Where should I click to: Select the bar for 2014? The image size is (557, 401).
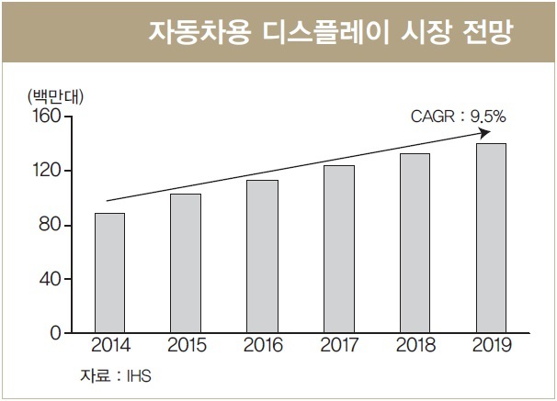pyautogui.click(x=109, y=273)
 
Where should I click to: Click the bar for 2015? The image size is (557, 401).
pyautogui.click(x=186, y=263)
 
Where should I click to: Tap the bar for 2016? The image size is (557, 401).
pyautogui.click(x=263, y=256)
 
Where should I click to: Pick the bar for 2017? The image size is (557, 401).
pyautogui.click(x=339, y=250)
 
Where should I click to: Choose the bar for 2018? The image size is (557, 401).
pyautogui.click(x=415, y=243)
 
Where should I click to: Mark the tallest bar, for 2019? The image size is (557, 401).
pyautogui.click(x=492, y=239)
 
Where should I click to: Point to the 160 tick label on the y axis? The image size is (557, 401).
pyautogui.click(x=47, y=116)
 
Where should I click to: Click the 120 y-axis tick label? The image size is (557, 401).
pyautogui.click(x=47, y=171)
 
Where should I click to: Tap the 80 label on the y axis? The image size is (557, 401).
pyautogui.click(x=51, y=225)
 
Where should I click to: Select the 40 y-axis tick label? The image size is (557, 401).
pyautogui.click(x=51, y=279)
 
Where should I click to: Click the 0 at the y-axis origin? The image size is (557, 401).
pyautogui.click(x=56, y=333)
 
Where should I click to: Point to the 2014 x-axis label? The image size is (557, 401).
pyautogui.click(x=111, y=345)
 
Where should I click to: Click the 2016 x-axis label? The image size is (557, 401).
pyautogui.click(x=263, y=345)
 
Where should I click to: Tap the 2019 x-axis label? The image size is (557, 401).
pyautogui.click(x=492, y=345)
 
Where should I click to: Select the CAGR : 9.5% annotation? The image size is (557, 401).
pyautogui.click(x=459, y=117)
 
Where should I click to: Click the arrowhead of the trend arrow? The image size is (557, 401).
pyautogui.click(x=486, y=133)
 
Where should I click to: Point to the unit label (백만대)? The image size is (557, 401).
pyautogui.click(x=56, y=96)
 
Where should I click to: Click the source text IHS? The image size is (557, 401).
pyautogui.click(x=139, y=376)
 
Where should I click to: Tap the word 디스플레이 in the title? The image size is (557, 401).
pyautogui.click(x=324, y=32)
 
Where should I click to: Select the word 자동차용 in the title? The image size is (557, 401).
pyautogui.click(x=199, y=32)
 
